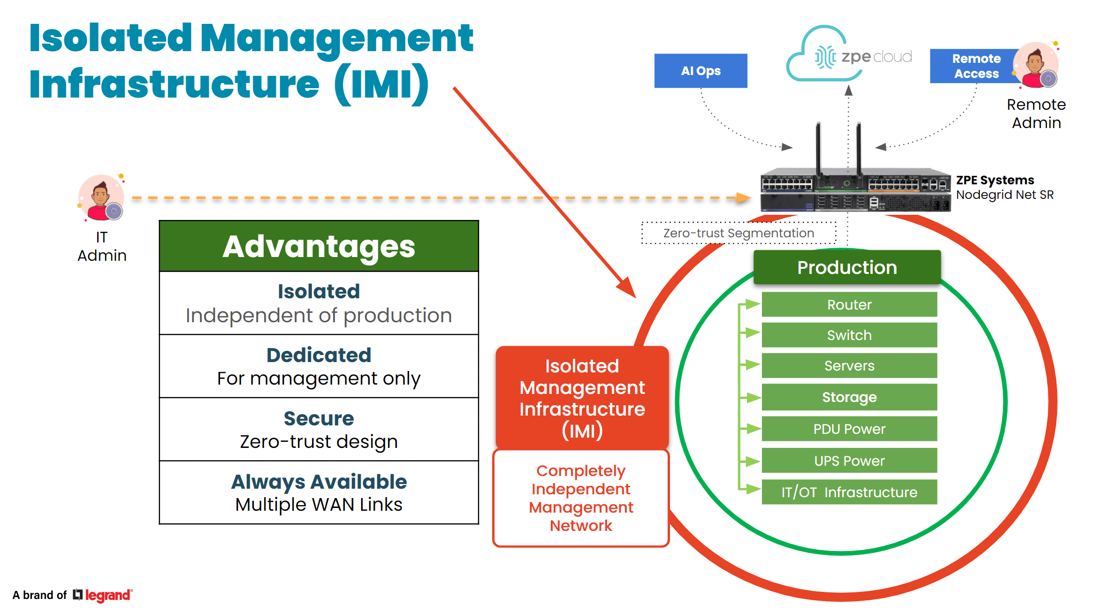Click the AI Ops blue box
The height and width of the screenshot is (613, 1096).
pos(700,71)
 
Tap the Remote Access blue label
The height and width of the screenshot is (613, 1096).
pos(976,66)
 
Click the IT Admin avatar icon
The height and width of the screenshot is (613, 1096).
pos(101,197)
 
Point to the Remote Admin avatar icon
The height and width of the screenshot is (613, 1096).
pos(1036,65)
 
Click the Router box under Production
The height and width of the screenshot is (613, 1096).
pos(849,304)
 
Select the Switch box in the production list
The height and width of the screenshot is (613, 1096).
pos(849,335)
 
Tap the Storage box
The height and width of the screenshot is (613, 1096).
pos(849,397)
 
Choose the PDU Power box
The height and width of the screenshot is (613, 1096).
pos(849,429)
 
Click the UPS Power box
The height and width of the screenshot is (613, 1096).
pos(849,461)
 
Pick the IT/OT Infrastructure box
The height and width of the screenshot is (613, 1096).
pos(849,492)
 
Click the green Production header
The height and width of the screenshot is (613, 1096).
pos(847,267)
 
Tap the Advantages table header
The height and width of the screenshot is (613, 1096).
pos(319,246)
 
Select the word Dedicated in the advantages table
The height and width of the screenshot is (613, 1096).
pos(319,355)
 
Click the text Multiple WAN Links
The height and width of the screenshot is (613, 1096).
pos(319,505)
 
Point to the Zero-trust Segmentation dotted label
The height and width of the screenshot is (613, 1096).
pos(739,233)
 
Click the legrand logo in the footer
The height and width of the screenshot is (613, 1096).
pos(103,595)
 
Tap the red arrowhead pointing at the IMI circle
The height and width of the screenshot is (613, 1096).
pos(627,288)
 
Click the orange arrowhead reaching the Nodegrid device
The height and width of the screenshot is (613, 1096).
pos(744,198)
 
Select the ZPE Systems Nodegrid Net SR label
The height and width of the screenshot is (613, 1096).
pos(1005,187)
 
